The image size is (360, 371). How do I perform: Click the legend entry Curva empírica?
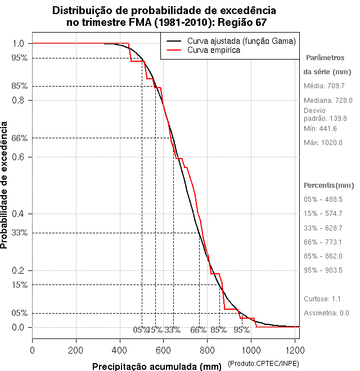pyautogui.click(x=214, y=50)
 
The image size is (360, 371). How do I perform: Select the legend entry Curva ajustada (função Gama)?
pyautogui.click(x=241, y=41)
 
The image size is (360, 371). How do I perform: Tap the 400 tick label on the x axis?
pyautogui.click(x=120, y=349)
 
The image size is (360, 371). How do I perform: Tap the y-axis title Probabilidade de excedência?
pyautogui.click(x=5, y=185)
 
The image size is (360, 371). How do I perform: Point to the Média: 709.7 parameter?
pyautogui.click(x=323, y=86)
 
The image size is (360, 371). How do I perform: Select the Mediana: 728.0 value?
pyautogui.click(x=327, y=100)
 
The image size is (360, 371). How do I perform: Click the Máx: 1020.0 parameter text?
pyautogui.click(x=323, y=143)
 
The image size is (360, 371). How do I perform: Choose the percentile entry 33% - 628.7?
pyautogui.click(x=323, y=228)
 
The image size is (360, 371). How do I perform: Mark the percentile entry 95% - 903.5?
pyautogui.click(x=323, y=270)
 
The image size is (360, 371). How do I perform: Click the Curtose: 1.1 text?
pyautogui.click(x=322, y=299)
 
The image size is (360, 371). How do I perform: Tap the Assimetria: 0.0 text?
pyautogui.click(x=326, y=313)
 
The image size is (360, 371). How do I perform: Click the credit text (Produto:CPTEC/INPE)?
pyautogui.click(x=263, y=365)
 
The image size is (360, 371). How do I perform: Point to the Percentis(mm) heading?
pyautogui.click(x=329, y=185)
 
